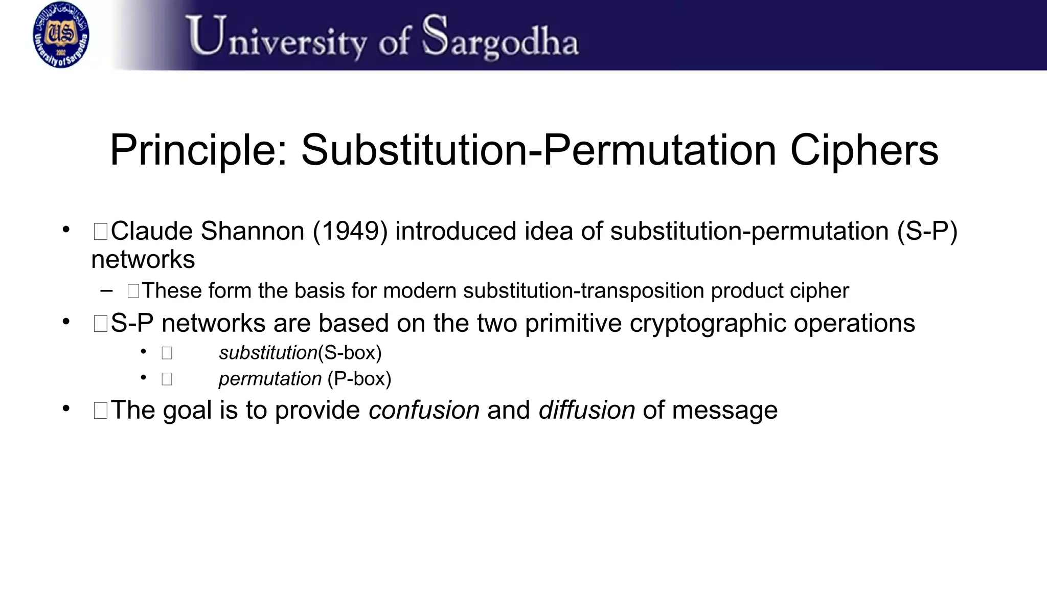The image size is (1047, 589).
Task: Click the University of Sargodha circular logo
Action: click(x=61, y=35)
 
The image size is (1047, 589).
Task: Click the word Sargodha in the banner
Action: click(x=500, y=37)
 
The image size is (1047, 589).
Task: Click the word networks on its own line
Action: click(x=143, y=260)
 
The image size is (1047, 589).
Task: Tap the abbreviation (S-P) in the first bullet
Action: click(x=927, y=231)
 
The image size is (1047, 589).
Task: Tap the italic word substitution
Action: click(x=268, y=353)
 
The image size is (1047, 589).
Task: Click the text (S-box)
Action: click(x=350, y=353)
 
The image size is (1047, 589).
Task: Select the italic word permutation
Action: click(x=270, y=379)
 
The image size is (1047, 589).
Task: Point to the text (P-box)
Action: click(x=359, y=379)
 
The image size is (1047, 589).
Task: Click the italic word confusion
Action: click(x=424, y=410)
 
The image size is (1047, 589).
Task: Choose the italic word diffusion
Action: click(x=586, y=410)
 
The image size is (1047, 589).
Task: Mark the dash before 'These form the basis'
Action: click(x=106, y=291)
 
